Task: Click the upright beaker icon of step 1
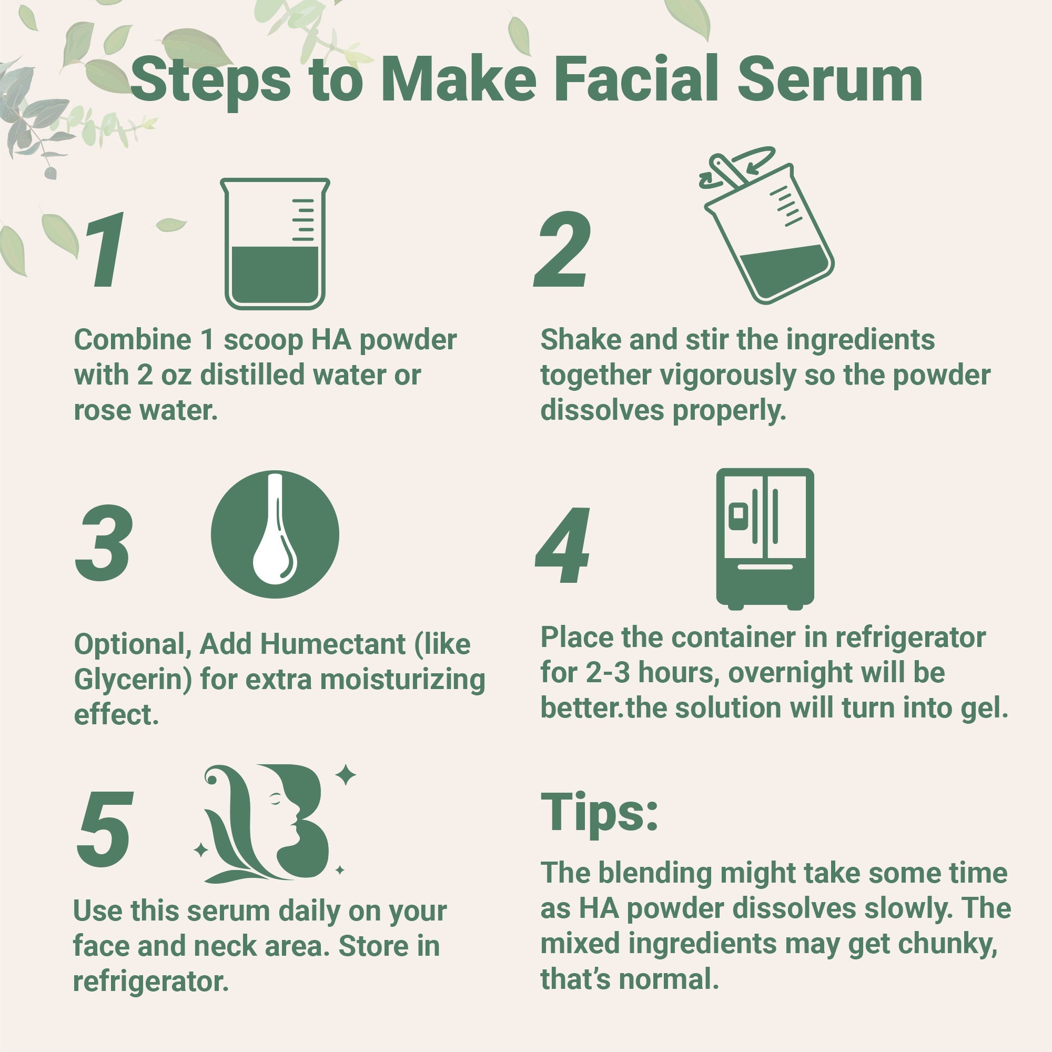tap(275, 244)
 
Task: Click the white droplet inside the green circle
tap(275, 550)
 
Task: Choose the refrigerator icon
tap(764, 538)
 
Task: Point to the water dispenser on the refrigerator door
tap(739, 514)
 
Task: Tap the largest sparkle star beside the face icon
tap(345, 775)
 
